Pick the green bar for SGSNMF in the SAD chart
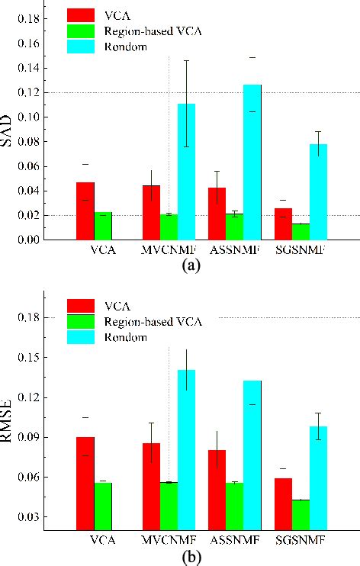point(301,231)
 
